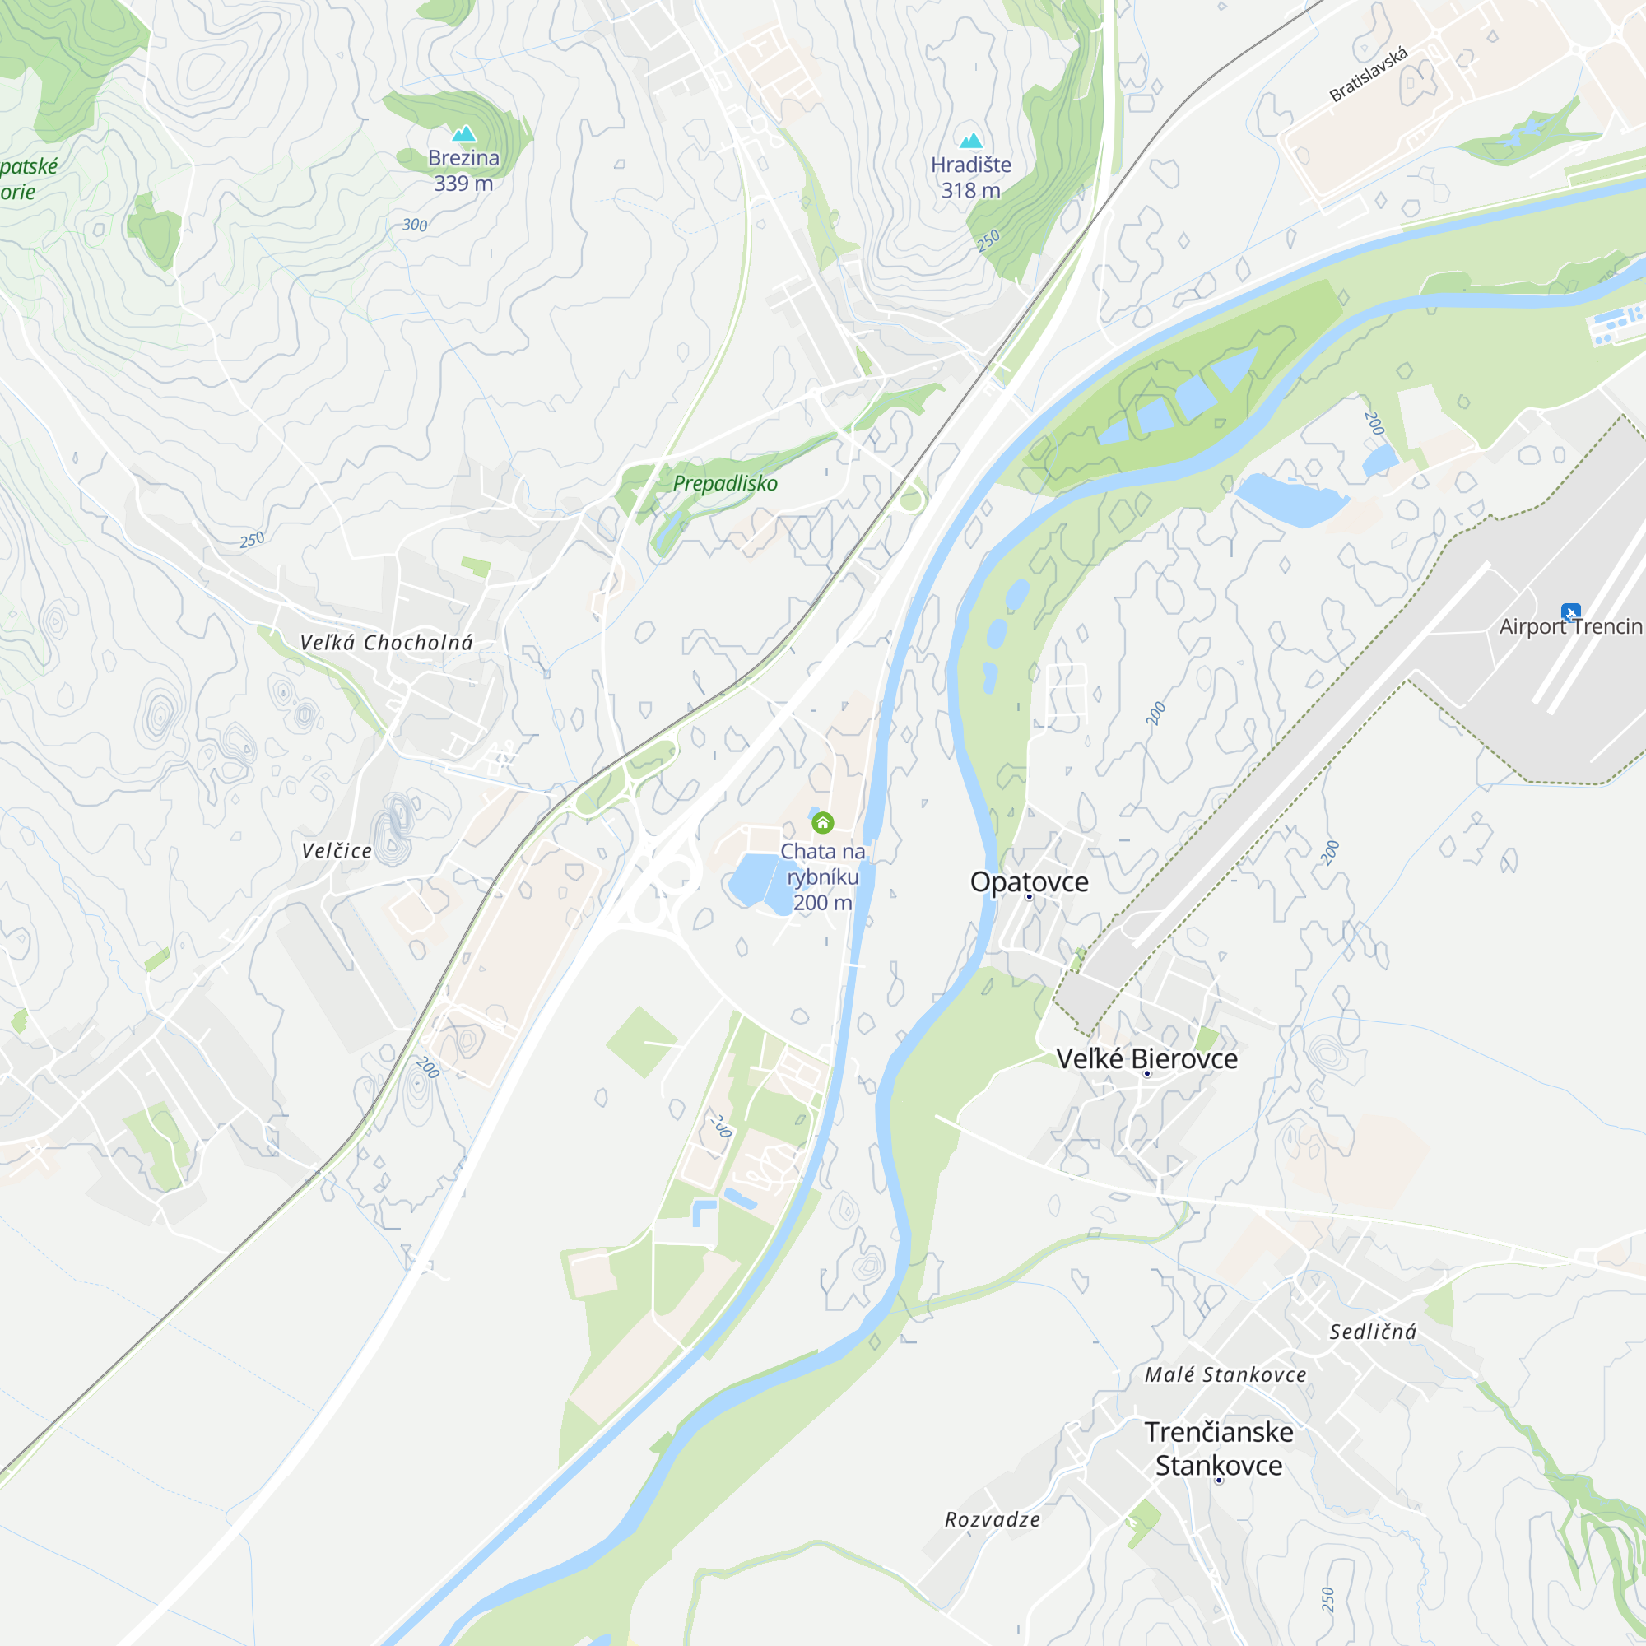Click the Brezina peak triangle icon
(x=463, y=134)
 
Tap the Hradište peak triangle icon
(x=970, y=141)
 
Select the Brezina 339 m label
(x=463, y=170)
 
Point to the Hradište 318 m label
(x=970, y=177)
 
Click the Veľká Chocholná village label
(x=386, y=644)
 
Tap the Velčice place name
(x=337, y=851)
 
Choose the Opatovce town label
(x=1030, y=881)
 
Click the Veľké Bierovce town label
(x=1146, y=1059)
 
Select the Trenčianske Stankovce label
(x=1218, y=1448)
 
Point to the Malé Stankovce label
(x=1225, y=1374)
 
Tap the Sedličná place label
(x=1373, y=1332)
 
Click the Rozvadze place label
(x=993, y=1519)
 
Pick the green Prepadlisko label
(x=725, y=483)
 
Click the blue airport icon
(x=1571, y=611)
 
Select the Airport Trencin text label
(x=1570, y=627)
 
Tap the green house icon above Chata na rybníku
(x=822, y=822)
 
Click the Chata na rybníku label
(x=822, y=876)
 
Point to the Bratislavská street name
(x=1369, y=75)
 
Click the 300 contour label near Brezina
(x=415, y=225)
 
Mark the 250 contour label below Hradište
(x=988, y=241)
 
